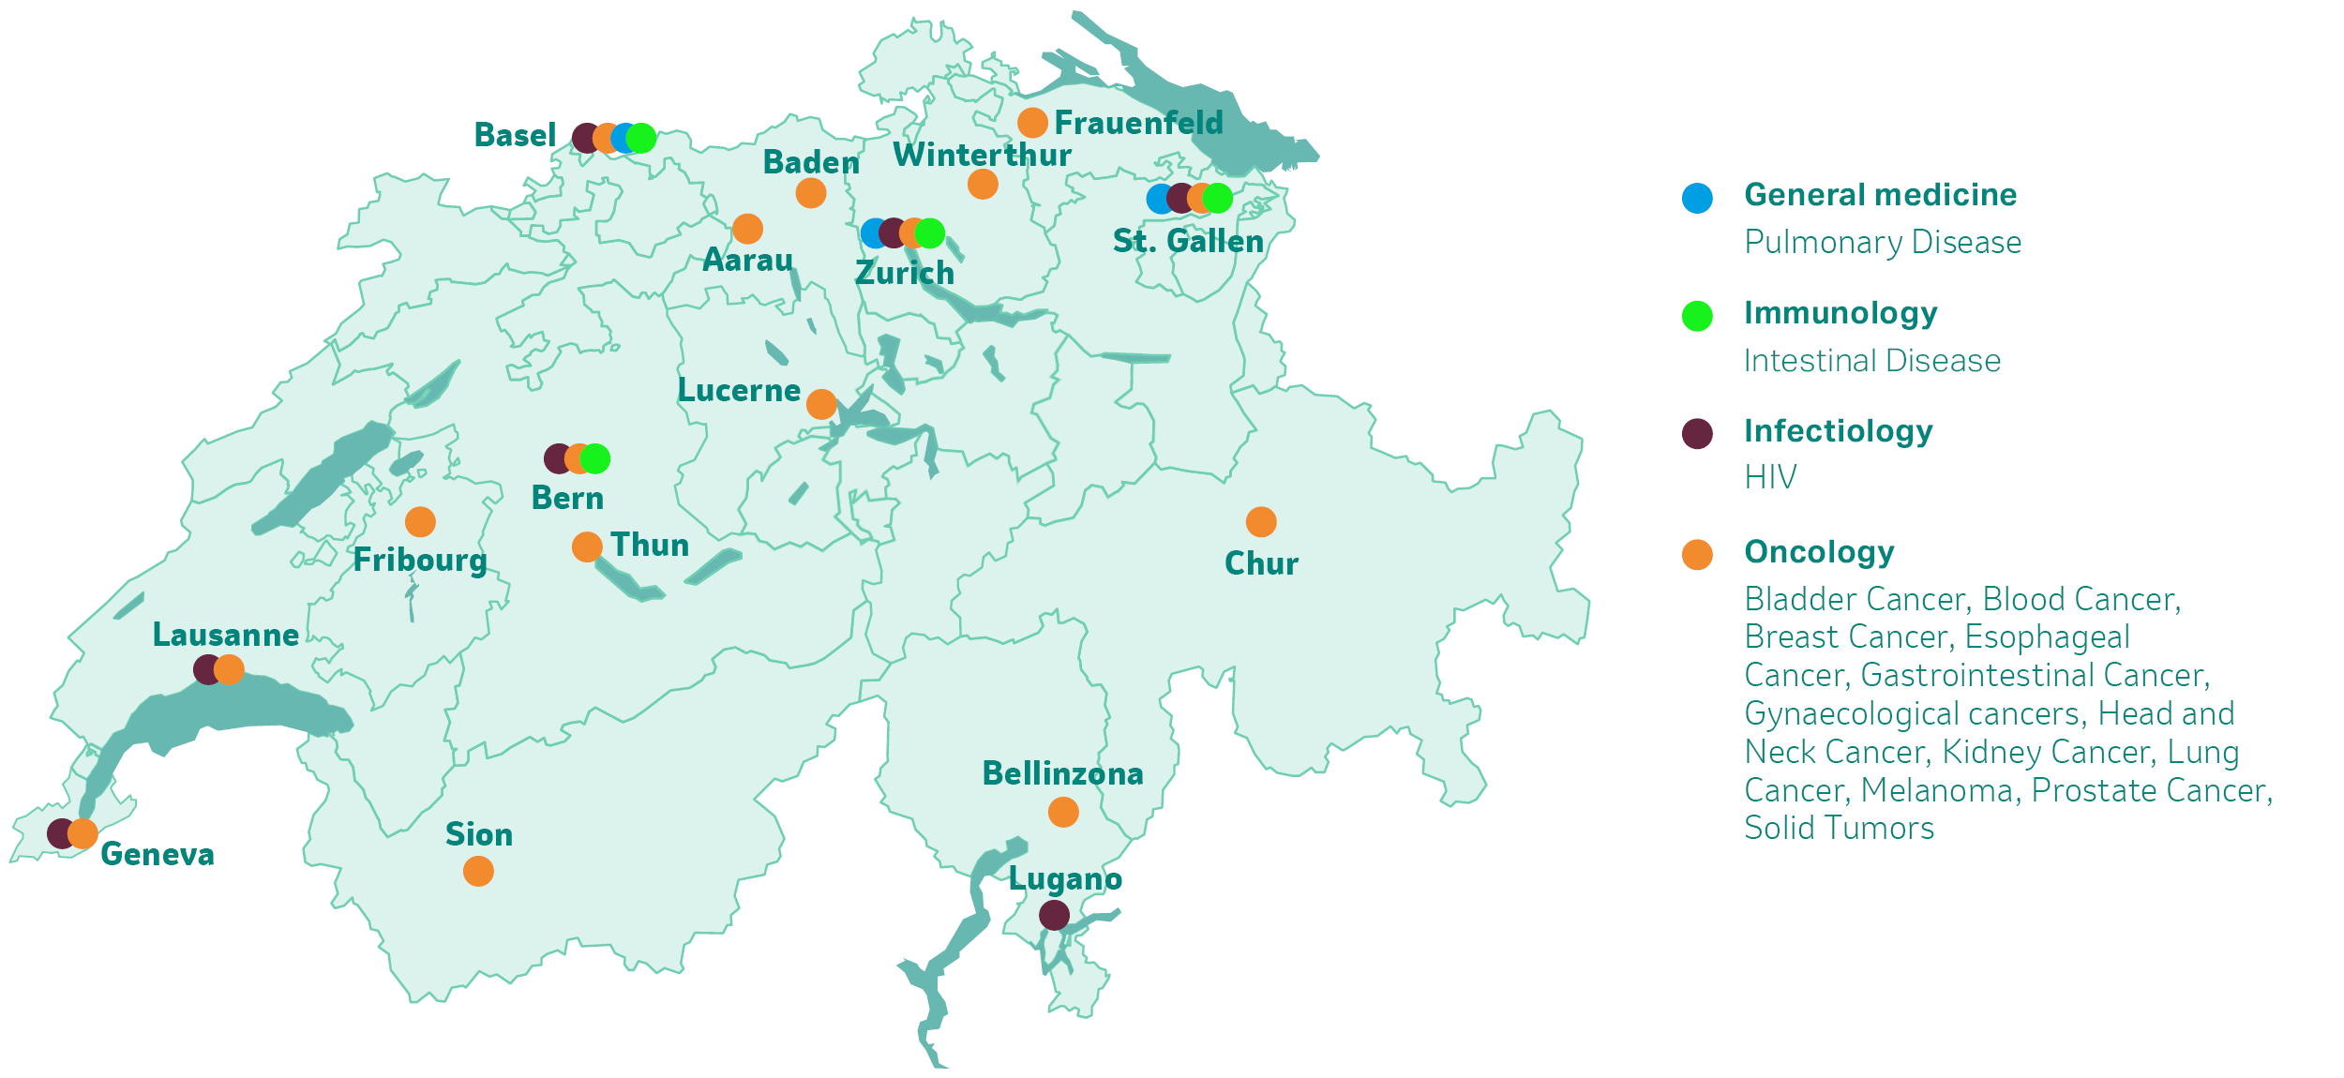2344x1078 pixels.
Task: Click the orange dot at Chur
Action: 1261,522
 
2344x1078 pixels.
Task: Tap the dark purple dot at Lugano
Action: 1054,915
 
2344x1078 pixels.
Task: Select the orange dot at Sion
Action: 478,872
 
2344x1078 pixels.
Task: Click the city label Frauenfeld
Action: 1138,123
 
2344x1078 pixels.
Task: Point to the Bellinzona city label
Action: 1062,774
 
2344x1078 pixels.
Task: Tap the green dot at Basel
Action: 642,138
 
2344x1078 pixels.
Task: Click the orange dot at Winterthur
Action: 983,185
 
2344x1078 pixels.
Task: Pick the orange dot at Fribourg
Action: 420,522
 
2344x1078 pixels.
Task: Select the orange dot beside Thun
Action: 587,546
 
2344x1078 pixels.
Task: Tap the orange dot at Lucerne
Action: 821,405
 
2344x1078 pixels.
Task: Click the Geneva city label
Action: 158,855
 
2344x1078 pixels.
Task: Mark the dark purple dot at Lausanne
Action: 206,670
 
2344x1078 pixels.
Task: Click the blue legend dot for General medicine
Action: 1697,198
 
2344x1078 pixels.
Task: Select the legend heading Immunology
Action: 1841,313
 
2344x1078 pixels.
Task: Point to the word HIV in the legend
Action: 1770,478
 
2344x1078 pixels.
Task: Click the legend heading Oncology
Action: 1819,552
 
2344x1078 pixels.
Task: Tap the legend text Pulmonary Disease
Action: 1883,243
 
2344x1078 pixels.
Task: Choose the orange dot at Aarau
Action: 747,229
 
